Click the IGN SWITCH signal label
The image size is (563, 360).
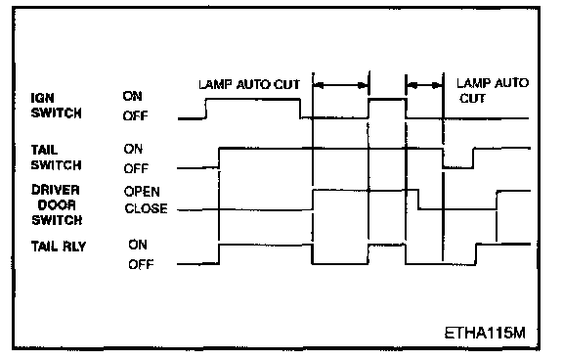pyautogui.click(x=57, y=106)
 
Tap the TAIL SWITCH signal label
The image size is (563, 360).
pyautogui.click(x=57, y=157)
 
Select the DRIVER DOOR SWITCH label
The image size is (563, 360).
pyautogui.click(x=57, y=204)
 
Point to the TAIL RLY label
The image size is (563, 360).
pyautogui.click(x=59, y=247)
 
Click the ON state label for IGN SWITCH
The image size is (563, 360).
pyautogui.click(x=133, y=96)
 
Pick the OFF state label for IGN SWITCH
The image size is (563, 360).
pyautogui.click(x=135, y=115)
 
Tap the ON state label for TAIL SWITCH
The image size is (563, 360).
pyautogui.click(x=133, y=149)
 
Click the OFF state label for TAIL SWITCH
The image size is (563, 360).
pyautogui.click(x=136, y=168)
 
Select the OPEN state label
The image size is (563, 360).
pyautogui.click(x=142, y=191)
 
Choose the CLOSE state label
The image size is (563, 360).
pyautogui.click(x=147, y=208)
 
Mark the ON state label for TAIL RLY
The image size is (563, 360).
pyautogui.click(x=138, y=245)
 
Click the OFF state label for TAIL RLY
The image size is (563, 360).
pyautogui.click(x=141, y=265)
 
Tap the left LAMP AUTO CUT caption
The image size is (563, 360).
pyautogui.click(x=249, y=85)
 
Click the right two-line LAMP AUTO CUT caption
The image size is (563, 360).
pyautogui.click(x=493, y=91)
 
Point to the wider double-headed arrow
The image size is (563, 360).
pyautogui.click(x=341, y=85)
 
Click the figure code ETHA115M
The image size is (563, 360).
pyautogui.click(x=485, y=333)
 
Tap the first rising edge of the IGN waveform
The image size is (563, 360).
pyautogui.click(x=206, y=109)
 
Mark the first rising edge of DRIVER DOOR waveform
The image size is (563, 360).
pyautogui.click(x=313, y=200)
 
